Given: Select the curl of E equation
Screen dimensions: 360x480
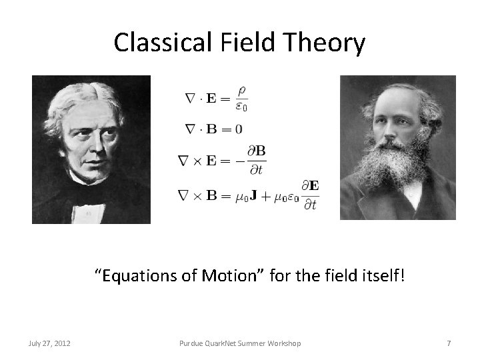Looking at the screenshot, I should [x=222, y=160].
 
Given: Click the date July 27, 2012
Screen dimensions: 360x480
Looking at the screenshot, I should [x=50, y=343].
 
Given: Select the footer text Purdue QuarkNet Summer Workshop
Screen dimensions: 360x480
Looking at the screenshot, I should [x=240, y=343].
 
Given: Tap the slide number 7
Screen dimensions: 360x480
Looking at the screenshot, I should [x=449, y=343].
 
